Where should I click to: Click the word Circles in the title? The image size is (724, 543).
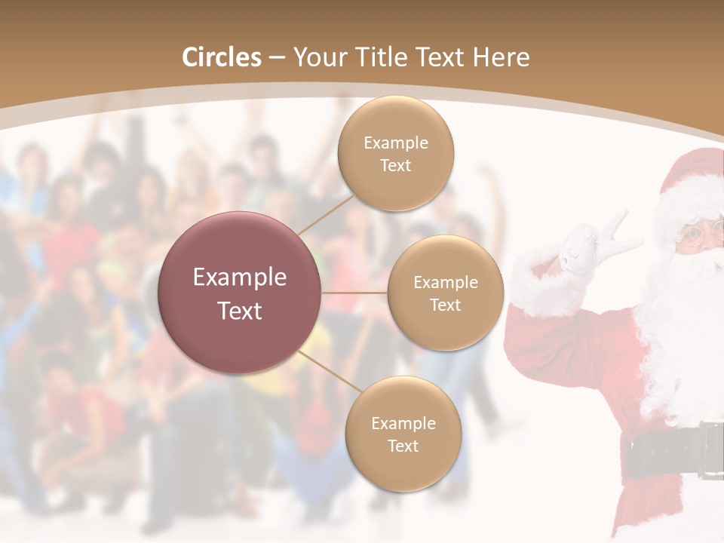click(x=222, y=57)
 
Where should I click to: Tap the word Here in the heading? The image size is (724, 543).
click(x=501, y=57)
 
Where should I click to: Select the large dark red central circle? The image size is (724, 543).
click(x=240, y=293)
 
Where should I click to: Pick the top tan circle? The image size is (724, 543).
click(x=396, y=154)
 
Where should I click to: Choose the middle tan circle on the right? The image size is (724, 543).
click(x=445, y=293)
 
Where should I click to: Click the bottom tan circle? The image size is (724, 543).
click(x=403, y=434)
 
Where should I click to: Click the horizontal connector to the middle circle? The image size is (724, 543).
click(x=354, y=293)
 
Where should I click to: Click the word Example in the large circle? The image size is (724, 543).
click(x=240, y=278)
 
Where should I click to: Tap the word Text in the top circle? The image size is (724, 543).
click(x=396, y=165)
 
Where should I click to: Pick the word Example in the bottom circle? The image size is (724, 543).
click(x=403, y=423)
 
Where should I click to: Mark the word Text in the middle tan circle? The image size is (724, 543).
click(x=445, y=305)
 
